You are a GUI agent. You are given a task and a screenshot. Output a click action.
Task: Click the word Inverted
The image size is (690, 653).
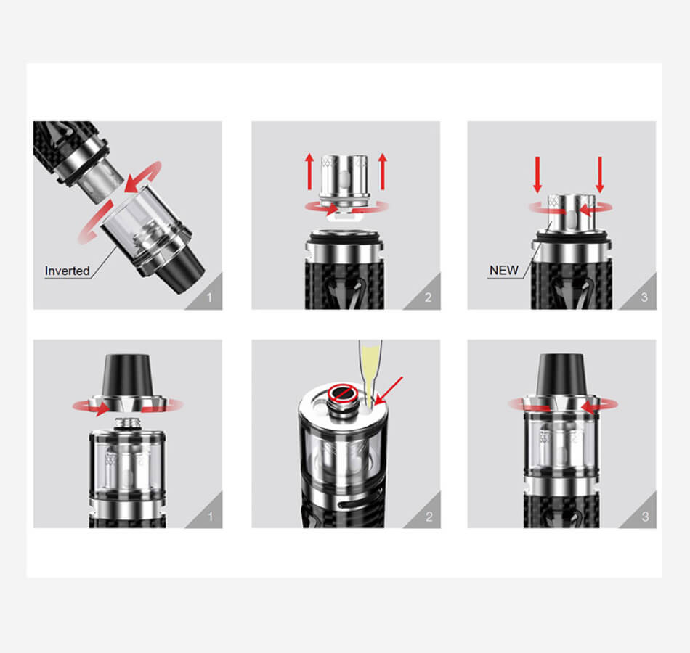point(67,271)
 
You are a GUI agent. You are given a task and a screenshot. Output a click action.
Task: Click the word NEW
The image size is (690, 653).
point(504,271)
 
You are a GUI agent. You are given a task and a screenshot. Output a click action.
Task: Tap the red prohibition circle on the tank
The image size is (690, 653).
point(344,393)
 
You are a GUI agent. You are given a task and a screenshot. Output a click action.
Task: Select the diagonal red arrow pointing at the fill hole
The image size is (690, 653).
point(388,390)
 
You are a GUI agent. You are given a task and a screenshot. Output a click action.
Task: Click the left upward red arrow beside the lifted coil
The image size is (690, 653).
point(309,171)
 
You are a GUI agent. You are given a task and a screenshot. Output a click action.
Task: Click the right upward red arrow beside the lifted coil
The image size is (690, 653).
point(382,171)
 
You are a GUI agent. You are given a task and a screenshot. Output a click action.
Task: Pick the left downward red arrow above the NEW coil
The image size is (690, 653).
point(537,175)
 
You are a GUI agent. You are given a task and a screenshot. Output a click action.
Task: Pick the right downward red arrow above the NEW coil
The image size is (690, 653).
point(599,175)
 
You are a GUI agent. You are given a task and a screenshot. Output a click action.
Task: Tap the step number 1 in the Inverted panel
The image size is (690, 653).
point(209,297)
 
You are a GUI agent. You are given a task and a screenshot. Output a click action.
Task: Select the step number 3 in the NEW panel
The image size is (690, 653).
point(644,297)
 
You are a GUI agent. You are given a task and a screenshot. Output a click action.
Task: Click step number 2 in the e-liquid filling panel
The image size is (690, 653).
point(429,517)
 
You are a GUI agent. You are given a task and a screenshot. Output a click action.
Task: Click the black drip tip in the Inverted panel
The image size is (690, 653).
point(182,271)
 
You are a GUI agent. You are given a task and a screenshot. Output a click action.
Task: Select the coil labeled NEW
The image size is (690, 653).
point(571,213)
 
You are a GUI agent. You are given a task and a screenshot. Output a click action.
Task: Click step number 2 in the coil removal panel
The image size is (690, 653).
point(429,297)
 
